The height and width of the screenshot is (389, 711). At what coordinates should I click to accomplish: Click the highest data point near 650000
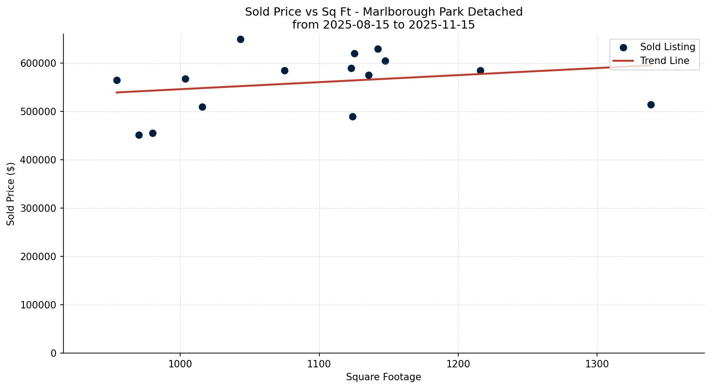[x=240, y=40]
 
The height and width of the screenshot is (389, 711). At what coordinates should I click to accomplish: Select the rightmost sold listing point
[x=651, y=105]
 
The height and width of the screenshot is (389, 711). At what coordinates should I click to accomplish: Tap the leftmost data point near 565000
[x=117, y=81]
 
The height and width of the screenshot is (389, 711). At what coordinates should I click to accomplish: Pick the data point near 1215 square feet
[x=480, y=71]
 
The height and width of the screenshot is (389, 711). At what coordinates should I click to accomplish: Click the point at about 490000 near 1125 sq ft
[x=353, y=117]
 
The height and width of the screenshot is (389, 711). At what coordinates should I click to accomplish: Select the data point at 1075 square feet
[x=284, y=71]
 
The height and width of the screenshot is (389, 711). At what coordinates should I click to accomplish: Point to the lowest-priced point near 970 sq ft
[x=139, y=135]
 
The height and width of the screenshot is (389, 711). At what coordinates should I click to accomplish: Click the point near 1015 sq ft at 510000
[x=202, y=107]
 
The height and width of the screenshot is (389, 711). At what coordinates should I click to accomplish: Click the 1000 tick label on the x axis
[x=180, y=364]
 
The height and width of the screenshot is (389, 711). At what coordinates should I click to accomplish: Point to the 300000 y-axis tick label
[x=39, y=209]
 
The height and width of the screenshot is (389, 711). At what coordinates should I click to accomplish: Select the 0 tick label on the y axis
[x=54, y=354]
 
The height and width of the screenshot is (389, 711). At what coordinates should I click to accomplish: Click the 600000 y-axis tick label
[x=39, y=64]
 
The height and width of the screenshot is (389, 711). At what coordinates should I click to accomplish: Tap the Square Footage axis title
[x=383, y=377]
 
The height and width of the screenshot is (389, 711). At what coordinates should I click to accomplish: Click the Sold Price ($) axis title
[x=11, y=194]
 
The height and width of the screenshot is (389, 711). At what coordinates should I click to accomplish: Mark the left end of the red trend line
[x=117, y=93]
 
